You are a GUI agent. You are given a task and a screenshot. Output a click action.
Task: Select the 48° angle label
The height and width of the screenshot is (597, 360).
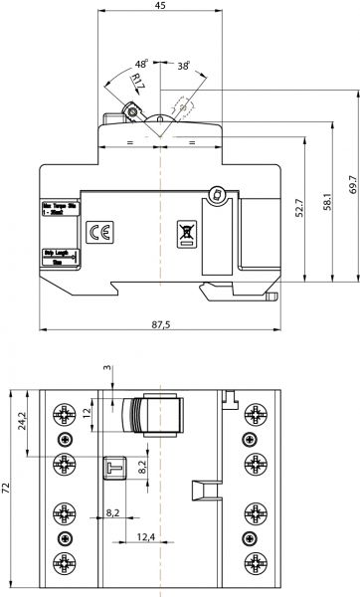(x=141, y=64)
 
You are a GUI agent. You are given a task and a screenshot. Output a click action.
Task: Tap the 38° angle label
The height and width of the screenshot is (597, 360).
(x=183, y=67)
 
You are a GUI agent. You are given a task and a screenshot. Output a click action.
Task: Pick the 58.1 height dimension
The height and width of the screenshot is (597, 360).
(x=325, y=198)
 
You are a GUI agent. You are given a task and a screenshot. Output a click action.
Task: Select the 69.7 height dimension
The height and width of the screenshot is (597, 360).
(x=350, y=185)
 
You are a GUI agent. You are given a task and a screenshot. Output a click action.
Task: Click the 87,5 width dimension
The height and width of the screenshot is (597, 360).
(x=160, y=297)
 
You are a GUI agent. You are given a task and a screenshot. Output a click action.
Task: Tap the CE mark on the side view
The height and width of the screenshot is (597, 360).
(x=100, y=234)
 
